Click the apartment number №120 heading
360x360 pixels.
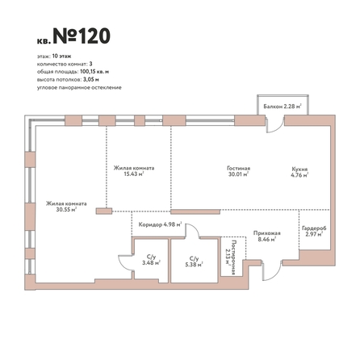[82, 36]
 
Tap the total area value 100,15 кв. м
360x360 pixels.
[94, 72]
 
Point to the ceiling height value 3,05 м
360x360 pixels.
[91, 80]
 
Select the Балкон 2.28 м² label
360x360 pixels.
[283, 107]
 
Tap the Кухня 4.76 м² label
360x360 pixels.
[299, 172]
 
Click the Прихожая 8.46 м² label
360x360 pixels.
[267, 236]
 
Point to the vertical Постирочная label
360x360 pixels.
[230, 257]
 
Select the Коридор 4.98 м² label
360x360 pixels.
[160, 224]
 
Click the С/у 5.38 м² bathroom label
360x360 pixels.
[194, 262]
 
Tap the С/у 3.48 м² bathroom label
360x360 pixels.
[151, 260]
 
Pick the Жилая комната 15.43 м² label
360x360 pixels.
[134, 171]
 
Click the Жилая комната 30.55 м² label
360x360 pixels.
[66, 207]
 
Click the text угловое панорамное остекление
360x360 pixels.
[79, 88]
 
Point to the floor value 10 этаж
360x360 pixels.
[61, 57]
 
